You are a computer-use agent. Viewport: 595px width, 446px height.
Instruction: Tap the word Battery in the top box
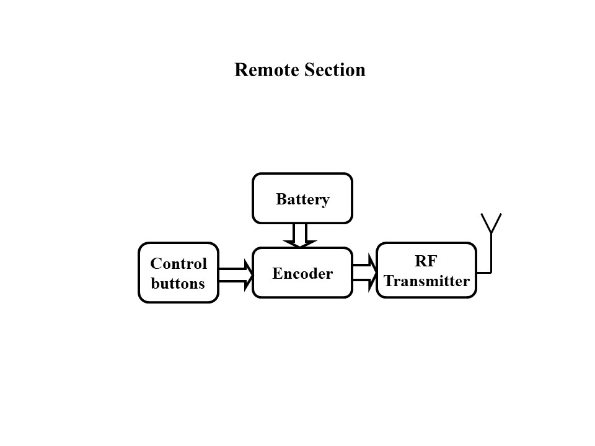point(302,199)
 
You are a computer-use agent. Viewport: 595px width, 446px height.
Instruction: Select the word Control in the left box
point(178,264)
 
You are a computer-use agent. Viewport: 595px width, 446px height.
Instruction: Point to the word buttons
point(178,284)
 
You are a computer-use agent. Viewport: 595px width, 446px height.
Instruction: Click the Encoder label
point(302,273)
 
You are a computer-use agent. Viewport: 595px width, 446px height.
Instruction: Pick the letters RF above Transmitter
point(426,261)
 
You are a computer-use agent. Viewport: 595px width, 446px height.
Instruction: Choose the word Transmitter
point(426,281)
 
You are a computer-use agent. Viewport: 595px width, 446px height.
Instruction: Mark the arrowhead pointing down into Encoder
point(300,243)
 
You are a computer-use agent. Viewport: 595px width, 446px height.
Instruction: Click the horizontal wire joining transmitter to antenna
point(483,271)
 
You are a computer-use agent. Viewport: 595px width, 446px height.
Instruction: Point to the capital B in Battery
point(281,199)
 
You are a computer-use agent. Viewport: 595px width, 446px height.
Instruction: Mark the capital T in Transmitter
point(389,281)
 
